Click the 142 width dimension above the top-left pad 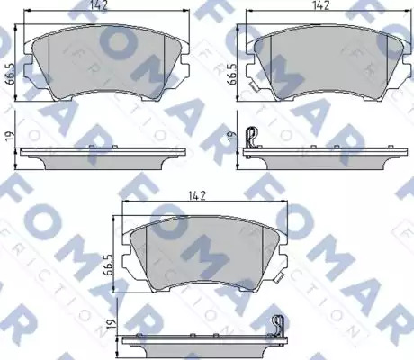tap(99, 6)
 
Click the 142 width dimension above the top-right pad tap(320, 5)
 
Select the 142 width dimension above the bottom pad tap(197, 195)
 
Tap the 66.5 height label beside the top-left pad tap(11, 75)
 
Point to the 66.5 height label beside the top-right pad tap(233, 74)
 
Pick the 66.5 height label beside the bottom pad tap(109, 265)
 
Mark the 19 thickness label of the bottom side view tap(112, 324)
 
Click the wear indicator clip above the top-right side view tap(252, 137)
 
